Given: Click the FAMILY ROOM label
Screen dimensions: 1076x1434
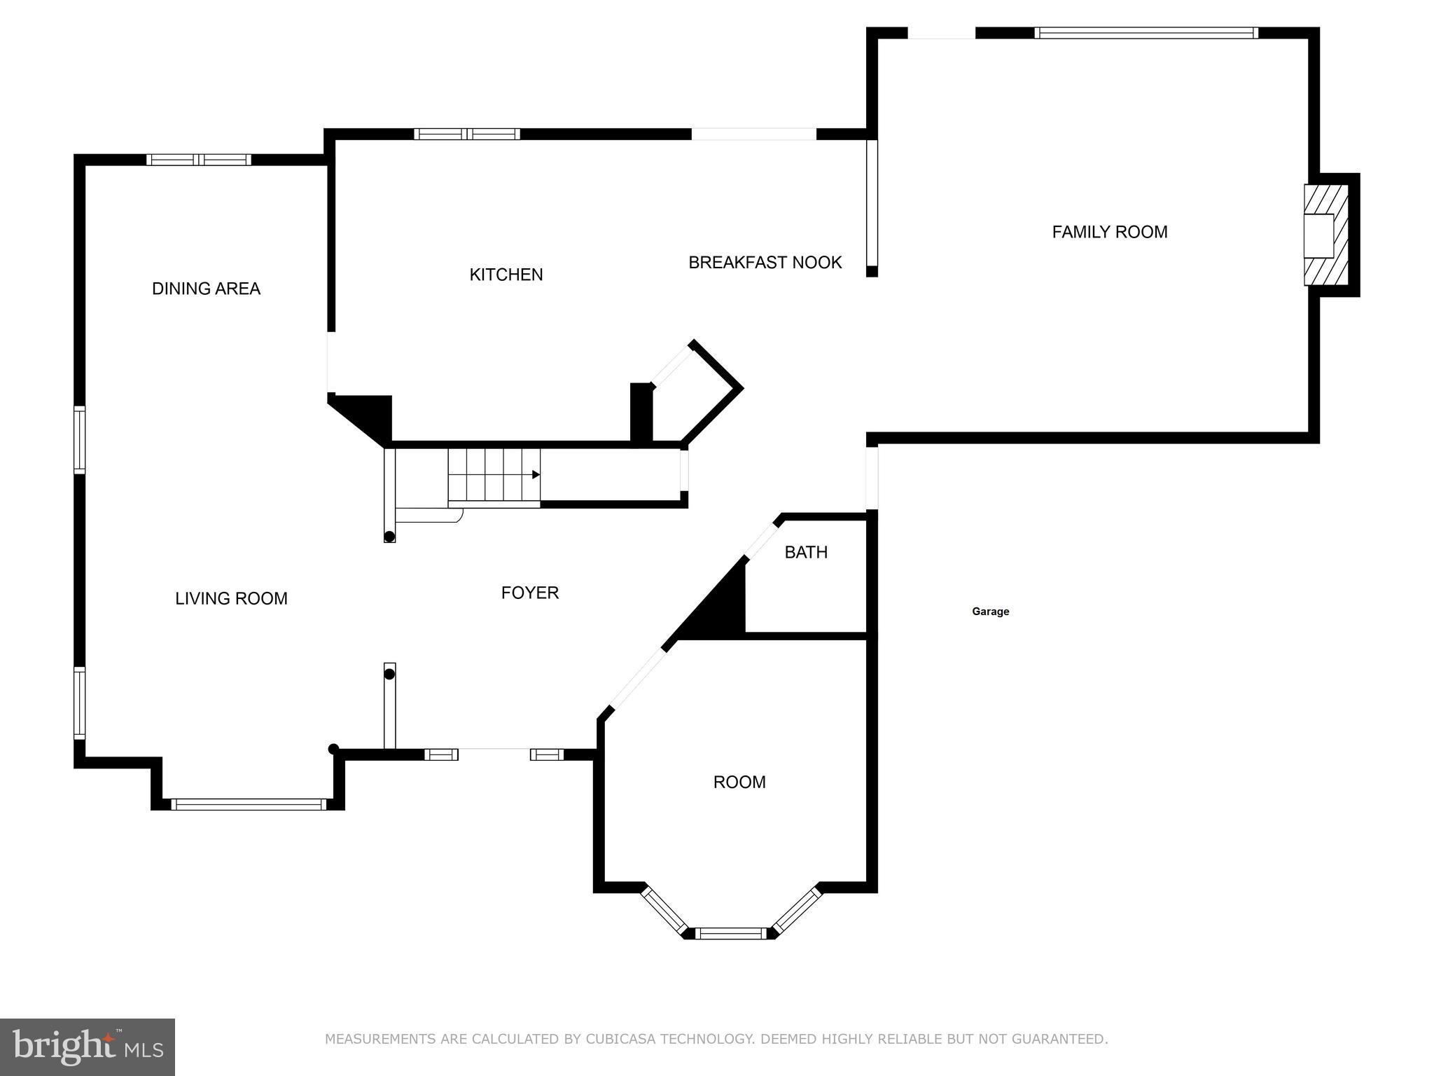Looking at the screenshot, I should [1109, 232].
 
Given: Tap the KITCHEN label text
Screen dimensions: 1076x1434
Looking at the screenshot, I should [506, 275].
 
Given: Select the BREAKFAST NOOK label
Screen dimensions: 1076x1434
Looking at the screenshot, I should [765, 263].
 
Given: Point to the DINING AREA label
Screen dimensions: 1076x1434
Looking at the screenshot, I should [206, 289].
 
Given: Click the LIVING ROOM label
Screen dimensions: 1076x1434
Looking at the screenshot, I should [231, 598].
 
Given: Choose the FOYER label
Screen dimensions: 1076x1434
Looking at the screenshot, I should [529, 593].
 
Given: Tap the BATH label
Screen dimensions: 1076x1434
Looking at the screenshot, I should [805, 552].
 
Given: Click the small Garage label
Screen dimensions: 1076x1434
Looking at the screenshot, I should [990, 612].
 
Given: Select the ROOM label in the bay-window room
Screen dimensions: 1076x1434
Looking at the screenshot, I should [739, 782].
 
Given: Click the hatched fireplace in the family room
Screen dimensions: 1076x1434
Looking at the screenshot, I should [1325, 235].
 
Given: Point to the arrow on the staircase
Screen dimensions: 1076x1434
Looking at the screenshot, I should [536, 474].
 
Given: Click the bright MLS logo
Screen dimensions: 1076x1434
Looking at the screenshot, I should [88, 1047].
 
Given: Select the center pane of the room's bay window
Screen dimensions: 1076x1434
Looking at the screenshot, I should [730, 933].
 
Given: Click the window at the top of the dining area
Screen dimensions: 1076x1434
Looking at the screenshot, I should [198, 160].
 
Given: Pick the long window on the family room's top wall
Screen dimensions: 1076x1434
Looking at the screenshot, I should [1146, 32].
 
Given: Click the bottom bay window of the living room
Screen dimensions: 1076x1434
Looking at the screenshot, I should [248, 804].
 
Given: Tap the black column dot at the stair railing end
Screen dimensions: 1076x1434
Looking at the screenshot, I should [389, 537].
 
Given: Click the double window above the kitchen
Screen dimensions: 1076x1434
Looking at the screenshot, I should [466, 134].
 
